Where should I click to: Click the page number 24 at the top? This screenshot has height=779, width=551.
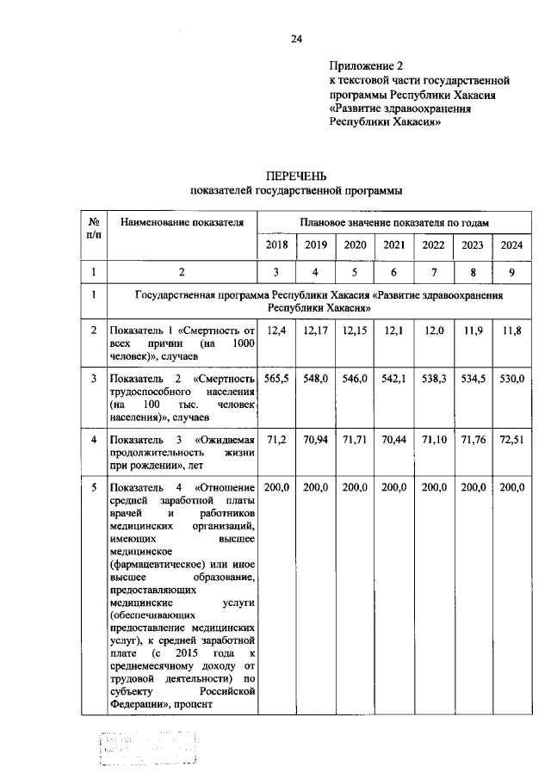[x=297, y=39]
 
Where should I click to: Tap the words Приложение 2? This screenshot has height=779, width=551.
[x=366, y=65]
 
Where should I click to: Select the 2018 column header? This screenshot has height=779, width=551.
[x=276, y=245]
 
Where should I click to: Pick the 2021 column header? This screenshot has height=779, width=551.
[x=394, y=245]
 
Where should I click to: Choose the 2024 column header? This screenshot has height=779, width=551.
[x=511, y=245]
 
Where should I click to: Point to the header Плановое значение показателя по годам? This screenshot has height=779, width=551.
[x=394, y=222]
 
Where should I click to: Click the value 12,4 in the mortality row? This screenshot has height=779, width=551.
[x=276, y=331]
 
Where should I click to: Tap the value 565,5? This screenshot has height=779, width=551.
[x=276, y=380]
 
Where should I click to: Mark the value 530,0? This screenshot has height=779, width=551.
[x=511, y=380]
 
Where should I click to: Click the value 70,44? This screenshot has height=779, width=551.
[x=394, y=440]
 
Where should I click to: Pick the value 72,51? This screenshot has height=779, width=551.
[x=511, y=440]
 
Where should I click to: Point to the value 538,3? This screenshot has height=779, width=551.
[x=433, y=380]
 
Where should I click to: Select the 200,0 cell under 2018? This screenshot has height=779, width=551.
[x=276, y=488]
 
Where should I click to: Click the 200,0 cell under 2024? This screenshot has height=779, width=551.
[x=511, y=488]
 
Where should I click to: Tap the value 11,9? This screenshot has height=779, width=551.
[x=472, y=331]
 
